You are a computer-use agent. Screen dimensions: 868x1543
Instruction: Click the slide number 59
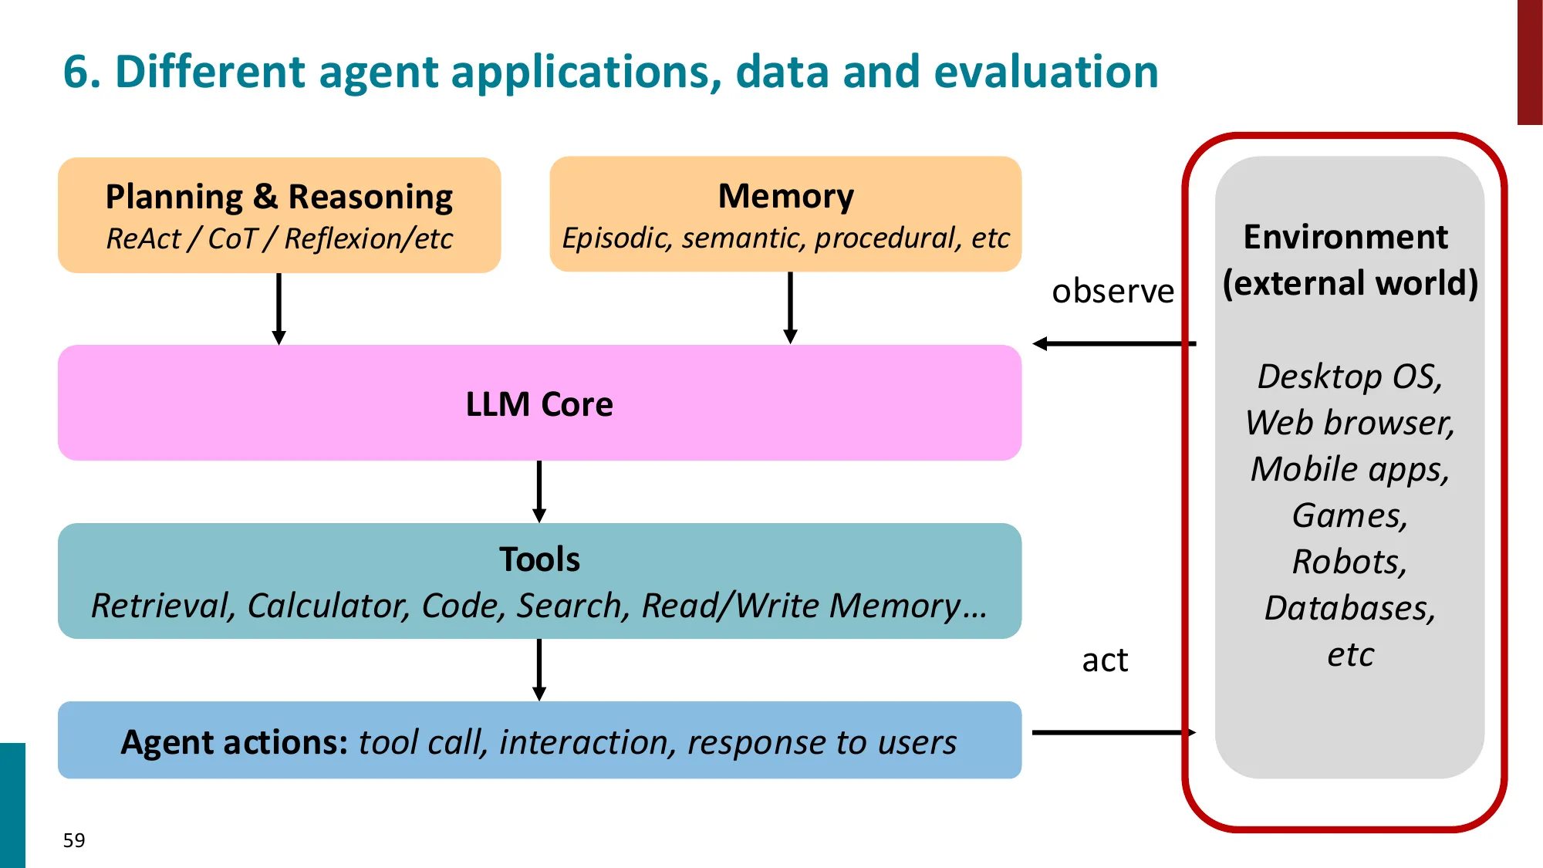pos(74,840)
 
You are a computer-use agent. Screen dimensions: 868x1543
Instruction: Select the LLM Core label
pos(539,404)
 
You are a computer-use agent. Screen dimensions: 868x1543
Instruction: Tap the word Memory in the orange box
pos(785,196)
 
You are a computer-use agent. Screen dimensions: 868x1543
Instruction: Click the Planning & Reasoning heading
pos(279,197)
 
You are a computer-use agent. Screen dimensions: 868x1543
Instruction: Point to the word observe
pos(1113,292)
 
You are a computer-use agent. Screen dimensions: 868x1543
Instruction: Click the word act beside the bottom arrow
pos(1105,660)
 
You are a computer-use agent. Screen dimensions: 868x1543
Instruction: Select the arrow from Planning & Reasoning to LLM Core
pos(279,309)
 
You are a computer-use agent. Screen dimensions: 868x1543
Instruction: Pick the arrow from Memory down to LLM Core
pos(790,309)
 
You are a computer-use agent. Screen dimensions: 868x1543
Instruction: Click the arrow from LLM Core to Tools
pos(539,491)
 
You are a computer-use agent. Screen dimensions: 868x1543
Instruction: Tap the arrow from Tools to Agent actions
pos(539,670)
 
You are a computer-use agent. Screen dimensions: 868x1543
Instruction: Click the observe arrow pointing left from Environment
pos(1114,343)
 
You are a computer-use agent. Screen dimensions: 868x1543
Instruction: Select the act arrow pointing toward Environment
pos(1114,732)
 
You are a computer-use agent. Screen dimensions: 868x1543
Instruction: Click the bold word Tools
pos(539,559)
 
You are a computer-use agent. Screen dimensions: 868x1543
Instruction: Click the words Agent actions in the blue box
pos(235,742)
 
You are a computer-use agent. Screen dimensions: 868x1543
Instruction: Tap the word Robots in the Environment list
pos(1349,562)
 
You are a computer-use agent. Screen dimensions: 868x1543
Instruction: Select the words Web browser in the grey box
pos(1349,423)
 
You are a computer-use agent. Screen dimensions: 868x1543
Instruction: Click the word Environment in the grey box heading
pos(1345,237)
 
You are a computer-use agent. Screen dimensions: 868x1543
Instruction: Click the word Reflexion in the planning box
pos(345,239)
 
